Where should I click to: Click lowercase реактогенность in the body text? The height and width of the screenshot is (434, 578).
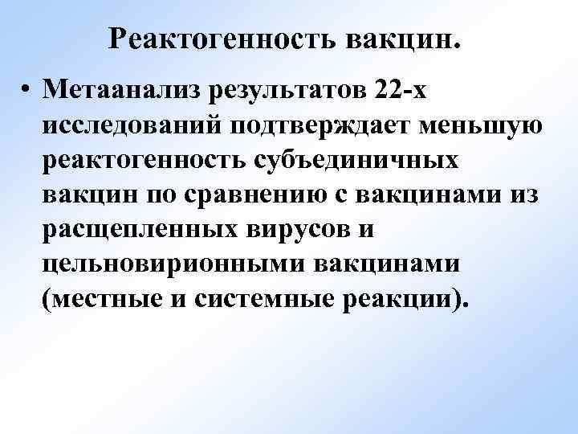tap(153, 161)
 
